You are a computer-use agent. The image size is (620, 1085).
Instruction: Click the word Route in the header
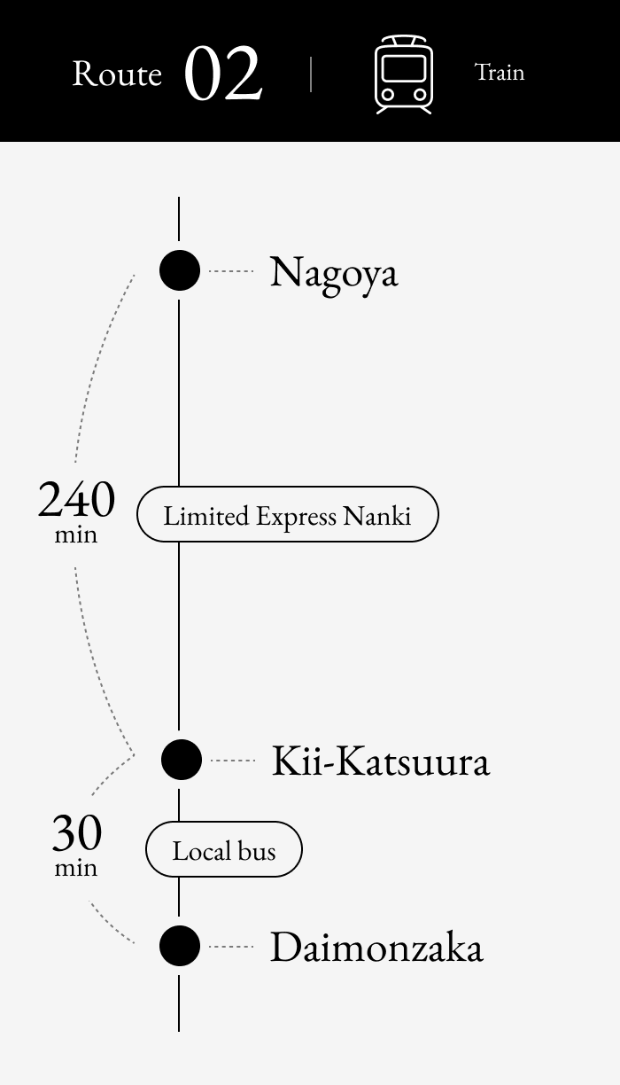[x=117, y=74]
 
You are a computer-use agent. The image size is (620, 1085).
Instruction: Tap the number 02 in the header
[x=223, y=74]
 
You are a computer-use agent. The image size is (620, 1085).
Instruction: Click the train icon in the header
[x=404, y=74]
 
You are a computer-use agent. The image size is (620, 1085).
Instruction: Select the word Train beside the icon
[x=500, y=72]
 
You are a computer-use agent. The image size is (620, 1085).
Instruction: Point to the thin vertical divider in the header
[x=311, y=74]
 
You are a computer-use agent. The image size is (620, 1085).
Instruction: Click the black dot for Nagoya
[x=180, y=270]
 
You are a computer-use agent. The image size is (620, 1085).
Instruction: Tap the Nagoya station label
[x=334, y=274]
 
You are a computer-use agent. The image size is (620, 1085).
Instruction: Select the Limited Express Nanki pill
[x=288, y=514]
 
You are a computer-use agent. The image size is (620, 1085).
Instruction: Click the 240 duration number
[x=76, y=499]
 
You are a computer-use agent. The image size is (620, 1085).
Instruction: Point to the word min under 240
[x=76, y=535]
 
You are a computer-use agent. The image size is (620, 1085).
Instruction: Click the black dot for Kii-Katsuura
[x=182, y=760]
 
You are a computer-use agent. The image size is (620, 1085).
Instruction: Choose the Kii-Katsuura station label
[x=381, y=761]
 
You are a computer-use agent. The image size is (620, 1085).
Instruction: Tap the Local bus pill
[x=224, y=849]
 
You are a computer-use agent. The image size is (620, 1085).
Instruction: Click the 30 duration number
[x=77, y=833]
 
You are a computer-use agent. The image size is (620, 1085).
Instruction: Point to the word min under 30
[x=76, y=868]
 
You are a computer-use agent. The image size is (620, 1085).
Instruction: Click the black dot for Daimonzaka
[x=180, y=946]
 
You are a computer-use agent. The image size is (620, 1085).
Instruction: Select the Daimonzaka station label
[x=376, y=946]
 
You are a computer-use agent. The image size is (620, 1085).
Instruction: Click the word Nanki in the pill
[x=377, y=516]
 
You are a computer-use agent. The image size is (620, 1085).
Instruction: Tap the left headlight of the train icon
[x=387, y=94]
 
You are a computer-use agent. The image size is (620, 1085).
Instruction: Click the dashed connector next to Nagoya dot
[x=231, y=271]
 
